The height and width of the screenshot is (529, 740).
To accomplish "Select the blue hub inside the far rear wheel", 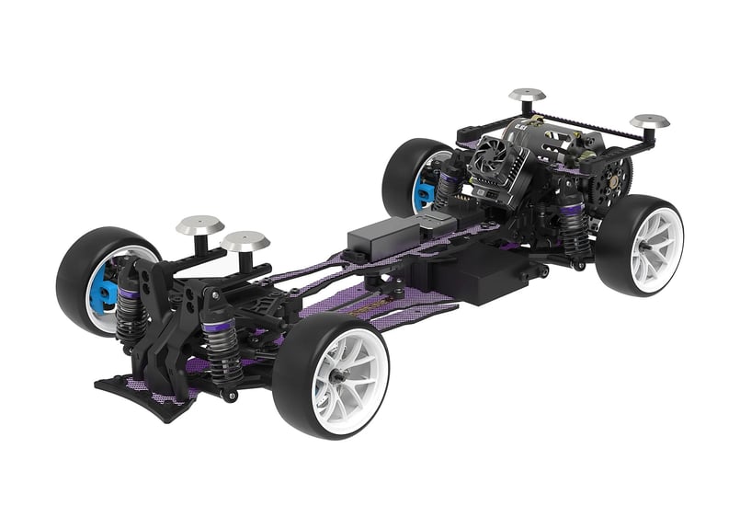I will point(424,188).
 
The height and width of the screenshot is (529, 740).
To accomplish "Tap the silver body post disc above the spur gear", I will point(649,121).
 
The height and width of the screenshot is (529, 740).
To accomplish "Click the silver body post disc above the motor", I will point(527,95).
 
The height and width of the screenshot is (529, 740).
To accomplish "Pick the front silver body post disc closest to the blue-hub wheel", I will point(199,224).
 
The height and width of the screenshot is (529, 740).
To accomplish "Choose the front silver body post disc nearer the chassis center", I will point(245,241).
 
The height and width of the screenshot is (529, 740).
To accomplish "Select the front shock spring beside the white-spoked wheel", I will point(223,350).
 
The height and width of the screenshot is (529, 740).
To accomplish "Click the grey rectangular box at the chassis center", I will point(388,235).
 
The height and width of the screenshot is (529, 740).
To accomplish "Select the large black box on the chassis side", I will point(487,276).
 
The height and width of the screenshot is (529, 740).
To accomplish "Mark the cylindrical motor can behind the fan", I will point(538,147).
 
